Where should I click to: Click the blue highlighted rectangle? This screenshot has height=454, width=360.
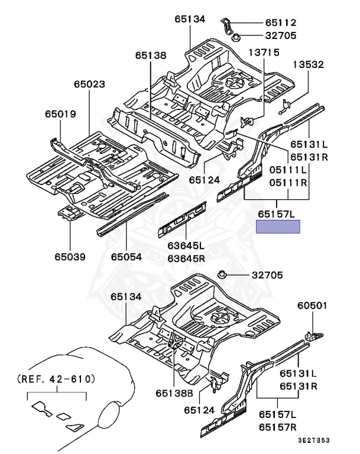pos(278,226)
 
